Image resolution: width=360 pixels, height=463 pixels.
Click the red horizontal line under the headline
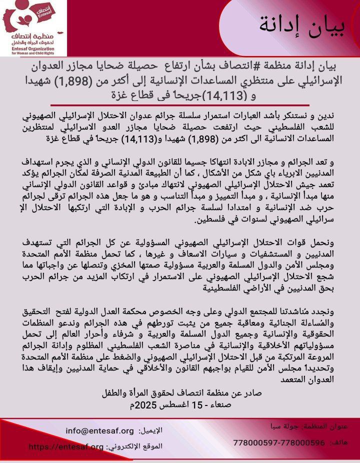(180, 104)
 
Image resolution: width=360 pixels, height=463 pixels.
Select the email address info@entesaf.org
(100, 430)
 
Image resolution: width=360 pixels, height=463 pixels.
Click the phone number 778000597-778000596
(279, 442)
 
